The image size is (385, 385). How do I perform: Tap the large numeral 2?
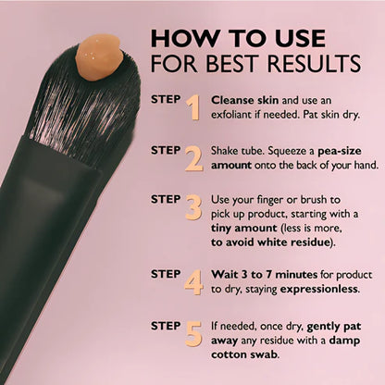coord(192,159)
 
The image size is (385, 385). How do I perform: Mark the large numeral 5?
coord(192,334)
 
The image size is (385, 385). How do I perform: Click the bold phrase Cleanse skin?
coord(242,99)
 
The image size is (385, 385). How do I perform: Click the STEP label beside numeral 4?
coord(166,275)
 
